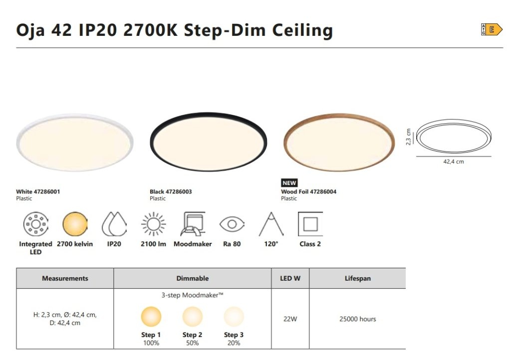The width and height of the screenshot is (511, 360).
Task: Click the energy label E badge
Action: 492,29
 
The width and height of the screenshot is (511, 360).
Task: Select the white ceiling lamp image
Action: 75,142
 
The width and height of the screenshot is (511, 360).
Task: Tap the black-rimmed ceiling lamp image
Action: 208,142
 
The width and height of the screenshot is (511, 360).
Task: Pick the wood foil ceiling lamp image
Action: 339,142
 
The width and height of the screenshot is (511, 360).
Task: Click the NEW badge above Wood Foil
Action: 289,182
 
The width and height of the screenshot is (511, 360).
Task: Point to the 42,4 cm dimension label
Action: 453,162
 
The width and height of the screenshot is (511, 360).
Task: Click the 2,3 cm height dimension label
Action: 408,137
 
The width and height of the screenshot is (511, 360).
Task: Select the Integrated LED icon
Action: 36,224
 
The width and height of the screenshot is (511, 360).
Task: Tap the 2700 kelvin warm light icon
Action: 75,224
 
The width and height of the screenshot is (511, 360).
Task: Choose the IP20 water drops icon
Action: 114,224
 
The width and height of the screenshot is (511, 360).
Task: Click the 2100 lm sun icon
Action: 153,224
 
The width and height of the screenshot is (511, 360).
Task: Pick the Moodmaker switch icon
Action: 193,224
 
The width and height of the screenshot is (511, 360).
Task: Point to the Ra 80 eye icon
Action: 232,224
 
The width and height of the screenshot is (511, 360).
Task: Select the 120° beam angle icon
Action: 271,224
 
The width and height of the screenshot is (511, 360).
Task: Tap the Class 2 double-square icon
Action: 310,224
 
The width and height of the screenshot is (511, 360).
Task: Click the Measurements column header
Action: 65,278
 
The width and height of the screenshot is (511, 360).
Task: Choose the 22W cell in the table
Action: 290,319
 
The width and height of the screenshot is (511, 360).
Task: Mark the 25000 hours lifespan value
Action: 357,319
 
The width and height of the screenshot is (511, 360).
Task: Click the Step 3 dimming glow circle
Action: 234,317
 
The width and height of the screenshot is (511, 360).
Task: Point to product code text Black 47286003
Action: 171,192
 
